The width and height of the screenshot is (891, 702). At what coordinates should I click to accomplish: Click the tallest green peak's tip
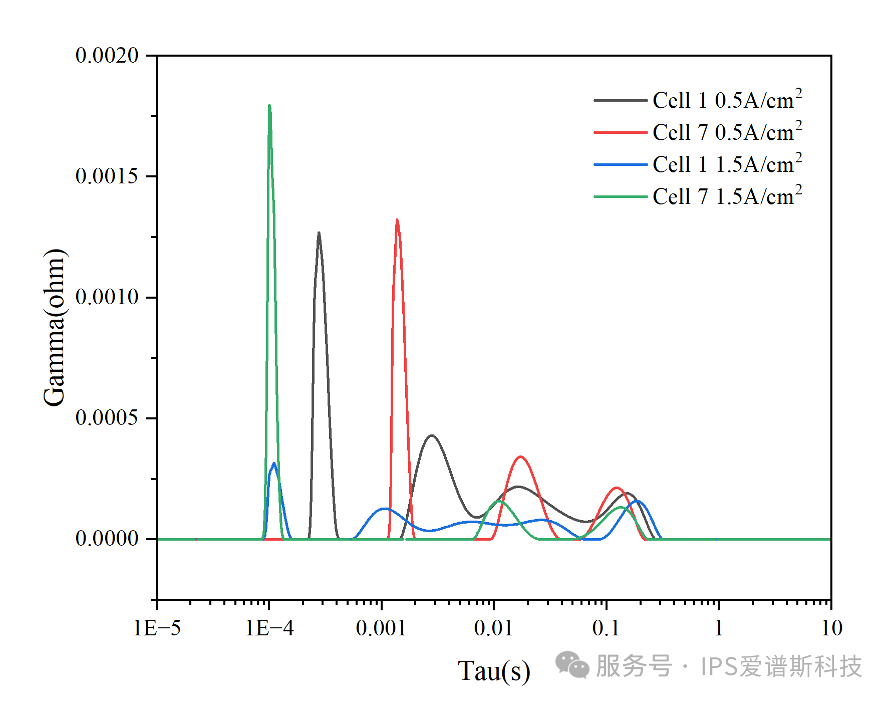point(269,106)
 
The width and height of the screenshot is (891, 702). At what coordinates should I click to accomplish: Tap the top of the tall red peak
point(397,220)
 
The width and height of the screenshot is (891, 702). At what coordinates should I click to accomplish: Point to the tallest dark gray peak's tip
point(319,233)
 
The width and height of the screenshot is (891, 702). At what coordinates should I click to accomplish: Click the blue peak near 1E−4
point(273,463)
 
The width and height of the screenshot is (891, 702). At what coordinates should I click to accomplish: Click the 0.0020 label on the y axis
point(107,56)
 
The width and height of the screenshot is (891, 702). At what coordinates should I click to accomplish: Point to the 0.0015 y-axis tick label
point(107,176)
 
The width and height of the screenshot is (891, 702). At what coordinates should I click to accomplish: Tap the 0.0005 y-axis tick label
point(107,418)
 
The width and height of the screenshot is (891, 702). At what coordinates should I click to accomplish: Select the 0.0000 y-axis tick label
point(107,539)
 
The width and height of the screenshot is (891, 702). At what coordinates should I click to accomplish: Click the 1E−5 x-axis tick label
point(157,628)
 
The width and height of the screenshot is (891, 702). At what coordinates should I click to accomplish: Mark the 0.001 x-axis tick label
point(381,628)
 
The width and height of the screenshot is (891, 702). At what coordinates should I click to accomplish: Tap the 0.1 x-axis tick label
point(606,628)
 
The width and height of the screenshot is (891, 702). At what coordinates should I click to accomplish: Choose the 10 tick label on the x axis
point(831,628)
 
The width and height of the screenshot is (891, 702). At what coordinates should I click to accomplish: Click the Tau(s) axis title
point(494,671)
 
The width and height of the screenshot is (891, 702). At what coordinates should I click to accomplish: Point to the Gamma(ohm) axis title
point(55,327)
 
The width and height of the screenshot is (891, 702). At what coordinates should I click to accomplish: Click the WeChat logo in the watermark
point(572,665)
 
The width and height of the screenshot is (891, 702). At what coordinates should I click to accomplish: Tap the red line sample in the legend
point(620,132)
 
